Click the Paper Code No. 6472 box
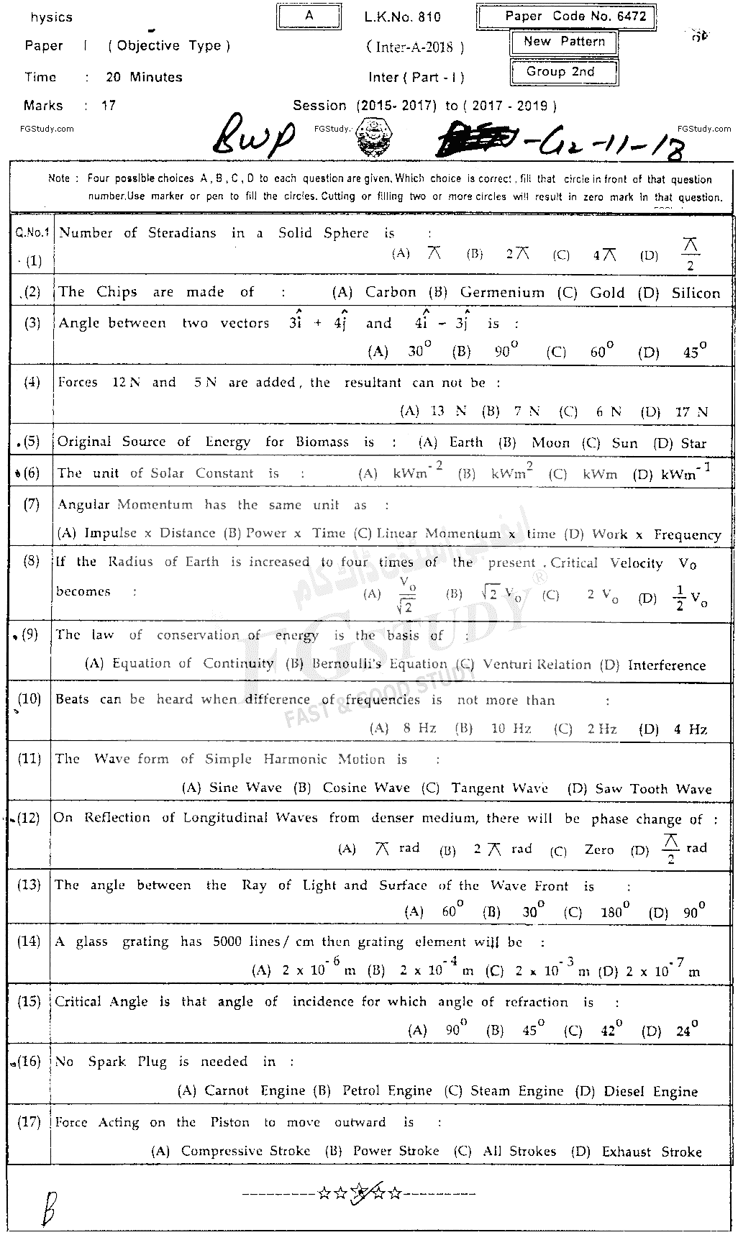click(x=565, y=17)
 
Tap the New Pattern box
click(x=563, y=42)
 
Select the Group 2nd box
click(x=563, y=72)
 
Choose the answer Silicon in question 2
click(x=696, y=293)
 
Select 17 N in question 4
click(x=691, y=411)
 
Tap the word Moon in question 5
click(x=550, y=443)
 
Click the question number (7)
click(x=32, y=504)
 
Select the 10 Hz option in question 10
click(x=511, y=729)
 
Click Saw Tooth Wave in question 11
click(x=653, y=789)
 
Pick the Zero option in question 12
click(x=598, y=849)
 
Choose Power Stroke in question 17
click(x=396, y=1152)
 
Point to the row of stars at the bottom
click(x=360, y=1194)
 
